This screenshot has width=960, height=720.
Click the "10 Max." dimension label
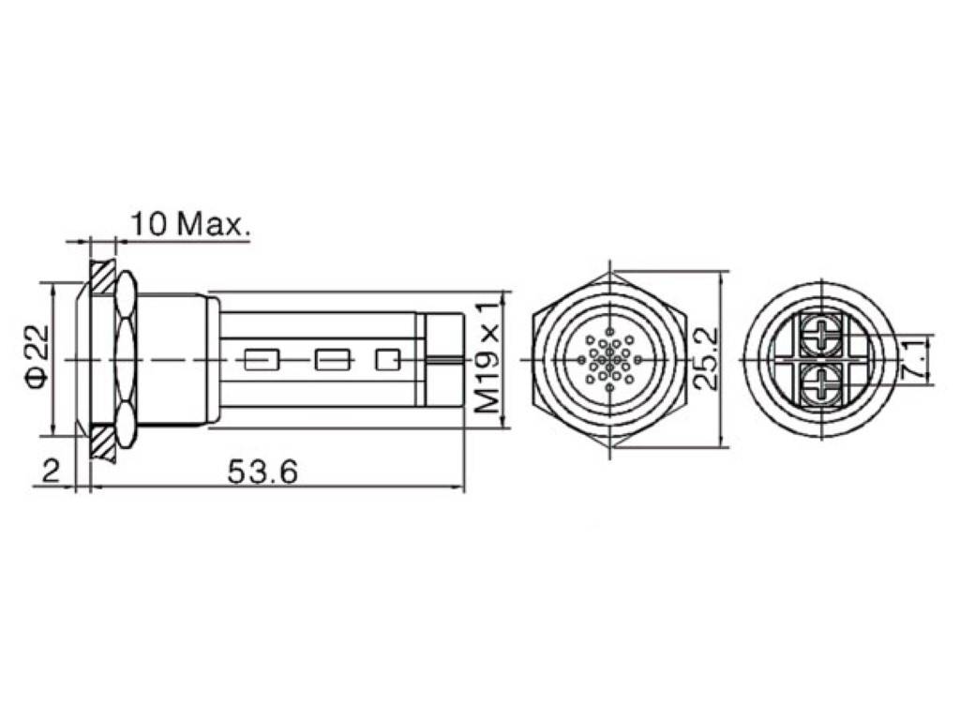pos(189,224)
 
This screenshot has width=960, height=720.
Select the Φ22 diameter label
pos(35,359)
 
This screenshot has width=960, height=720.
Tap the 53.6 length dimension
pos(262,472)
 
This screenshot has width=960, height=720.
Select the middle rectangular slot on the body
pos(332,359)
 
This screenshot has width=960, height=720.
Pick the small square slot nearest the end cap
pos(387,359)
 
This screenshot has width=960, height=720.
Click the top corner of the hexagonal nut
pos(609,273)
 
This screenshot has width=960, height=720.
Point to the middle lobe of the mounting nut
pos(125,359)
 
